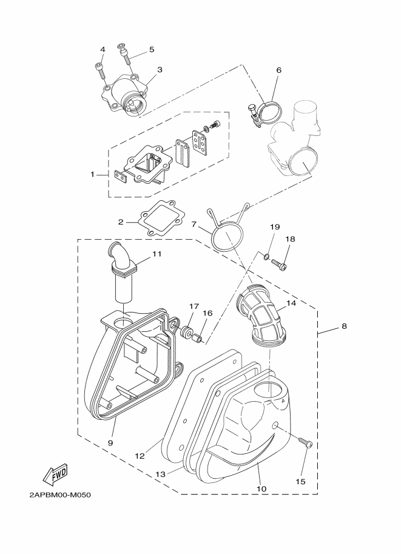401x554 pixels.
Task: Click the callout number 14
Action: coord(291,303)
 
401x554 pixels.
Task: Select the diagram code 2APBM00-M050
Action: coord(60,495)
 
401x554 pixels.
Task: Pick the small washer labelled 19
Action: coord(266,255)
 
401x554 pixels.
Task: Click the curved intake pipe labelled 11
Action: coord(121,272)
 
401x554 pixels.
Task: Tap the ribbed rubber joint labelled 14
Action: coord(261,314)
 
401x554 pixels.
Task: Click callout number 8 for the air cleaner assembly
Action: coord(344,326)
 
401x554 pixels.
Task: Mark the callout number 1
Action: coord(93,174)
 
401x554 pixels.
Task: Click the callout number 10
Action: coord(261,489)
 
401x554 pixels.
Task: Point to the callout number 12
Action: coord(140,456)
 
